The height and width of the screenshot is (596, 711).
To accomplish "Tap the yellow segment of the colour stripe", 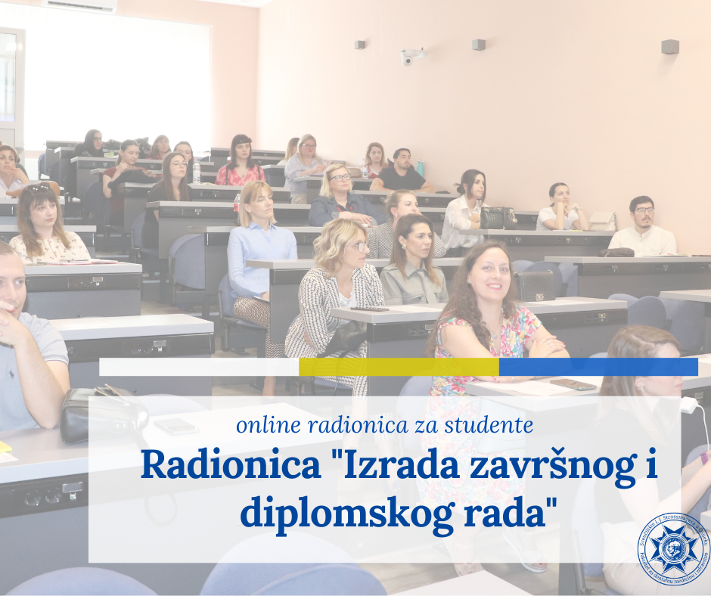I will point(399,367).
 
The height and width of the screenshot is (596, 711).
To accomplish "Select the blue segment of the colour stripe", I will point(598,367).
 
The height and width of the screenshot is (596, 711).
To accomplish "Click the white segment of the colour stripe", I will point(198,367).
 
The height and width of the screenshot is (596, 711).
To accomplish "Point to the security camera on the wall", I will point(411,57).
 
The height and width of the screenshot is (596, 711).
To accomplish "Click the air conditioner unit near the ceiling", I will point(79,5).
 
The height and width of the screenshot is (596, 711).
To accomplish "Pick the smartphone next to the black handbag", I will point(175,426).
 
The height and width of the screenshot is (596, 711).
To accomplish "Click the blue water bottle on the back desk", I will point(420,167).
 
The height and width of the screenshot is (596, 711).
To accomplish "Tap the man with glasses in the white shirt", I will point(642,227).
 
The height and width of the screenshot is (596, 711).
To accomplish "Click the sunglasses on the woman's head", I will point(37,188).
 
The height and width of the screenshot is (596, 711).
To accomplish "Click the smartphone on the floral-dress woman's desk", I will point(573,384).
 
